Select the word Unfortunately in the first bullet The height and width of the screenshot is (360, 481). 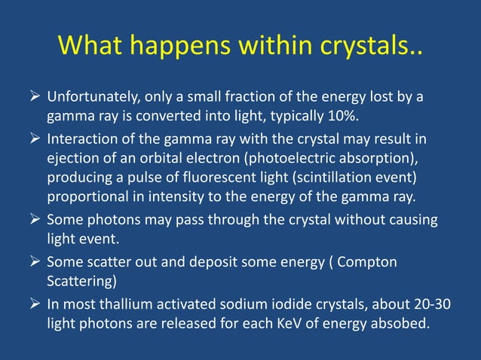pyautogui.click(x=89, y=98)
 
